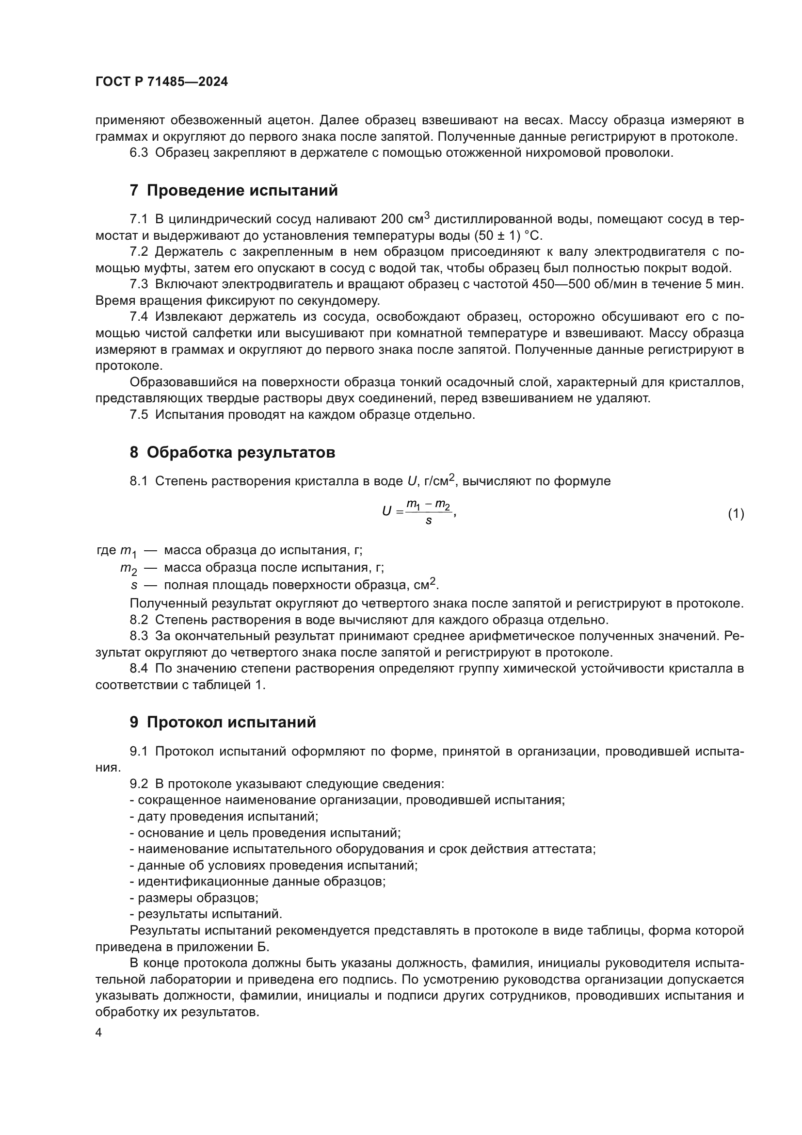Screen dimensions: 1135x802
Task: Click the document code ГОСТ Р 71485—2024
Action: tap(161, 82)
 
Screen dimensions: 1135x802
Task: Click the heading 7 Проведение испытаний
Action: tap(234, 190)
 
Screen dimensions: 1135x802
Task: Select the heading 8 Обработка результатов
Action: tap(232, 452)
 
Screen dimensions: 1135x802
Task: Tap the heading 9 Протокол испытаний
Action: tap(223, 722)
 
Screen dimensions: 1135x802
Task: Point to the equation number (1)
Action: tap(736, 513)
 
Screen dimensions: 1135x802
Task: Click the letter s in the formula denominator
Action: tap(428, 521)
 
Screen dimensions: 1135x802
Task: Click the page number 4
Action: tap(98, 1033)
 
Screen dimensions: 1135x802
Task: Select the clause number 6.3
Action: tap(139, 153)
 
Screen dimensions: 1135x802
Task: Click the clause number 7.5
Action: tap(139, 415)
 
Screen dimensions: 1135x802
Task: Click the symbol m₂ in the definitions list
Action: tap(128, 569)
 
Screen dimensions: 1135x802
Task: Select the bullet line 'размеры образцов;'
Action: tap(194, 898)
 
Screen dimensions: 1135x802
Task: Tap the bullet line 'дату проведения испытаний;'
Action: tap(224, 816)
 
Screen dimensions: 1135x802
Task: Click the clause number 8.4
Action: tap(139, 669)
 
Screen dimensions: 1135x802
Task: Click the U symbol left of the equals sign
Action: tap(386, 511)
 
